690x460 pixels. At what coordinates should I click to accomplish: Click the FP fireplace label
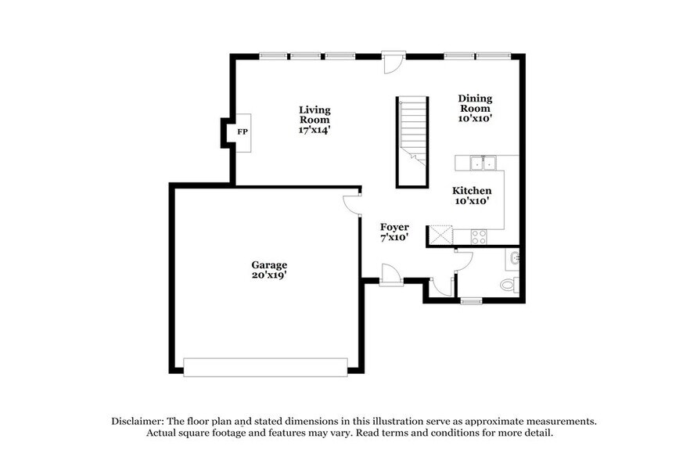(x=243, y=132)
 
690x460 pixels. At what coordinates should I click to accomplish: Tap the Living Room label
(x=314, y=120)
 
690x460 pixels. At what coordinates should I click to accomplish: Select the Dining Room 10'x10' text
(x=475, y=108)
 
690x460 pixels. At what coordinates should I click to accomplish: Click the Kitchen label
(x=473, y=190)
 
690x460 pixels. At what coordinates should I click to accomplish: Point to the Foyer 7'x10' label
(x=394, y=232)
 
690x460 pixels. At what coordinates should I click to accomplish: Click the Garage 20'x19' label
(x=269, y=270)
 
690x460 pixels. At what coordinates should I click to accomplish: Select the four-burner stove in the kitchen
(x=478, y=235)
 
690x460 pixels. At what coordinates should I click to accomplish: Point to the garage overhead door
(x=265, y=366)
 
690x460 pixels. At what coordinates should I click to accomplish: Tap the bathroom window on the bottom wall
(x=471, y=300)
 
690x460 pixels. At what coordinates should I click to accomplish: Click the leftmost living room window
(x=273, y=56)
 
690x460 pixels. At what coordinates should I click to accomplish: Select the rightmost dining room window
(x=494, y=56)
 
